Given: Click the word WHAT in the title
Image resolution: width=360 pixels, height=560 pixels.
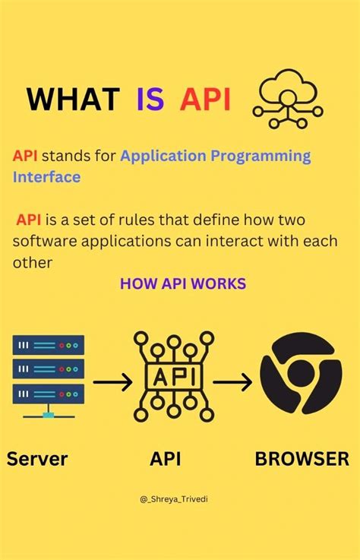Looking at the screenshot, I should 73,100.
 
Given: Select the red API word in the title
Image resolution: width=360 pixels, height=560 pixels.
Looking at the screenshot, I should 205,100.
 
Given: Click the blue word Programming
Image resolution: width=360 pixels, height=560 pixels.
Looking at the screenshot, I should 260,156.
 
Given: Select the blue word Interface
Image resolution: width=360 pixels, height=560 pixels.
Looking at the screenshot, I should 46,176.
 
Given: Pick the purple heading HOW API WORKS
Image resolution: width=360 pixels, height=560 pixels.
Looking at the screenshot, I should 183,283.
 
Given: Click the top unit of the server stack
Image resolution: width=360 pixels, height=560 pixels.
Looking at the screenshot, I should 49,346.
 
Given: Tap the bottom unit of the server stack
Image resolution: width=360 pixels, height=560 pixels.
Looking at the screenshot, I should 49,394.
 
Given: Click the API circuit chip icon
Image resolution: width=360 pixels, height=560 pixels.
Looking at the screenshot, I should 174,375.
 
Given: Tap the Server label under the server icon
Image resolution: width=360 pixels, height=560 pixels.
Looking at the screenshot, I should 37,459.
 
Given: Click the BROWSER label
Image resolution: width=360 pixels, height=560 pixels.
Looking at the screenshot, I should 302,459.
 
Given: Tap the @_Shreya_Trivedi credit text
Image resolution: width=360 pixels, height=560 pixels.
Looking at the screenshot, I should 179,498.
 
